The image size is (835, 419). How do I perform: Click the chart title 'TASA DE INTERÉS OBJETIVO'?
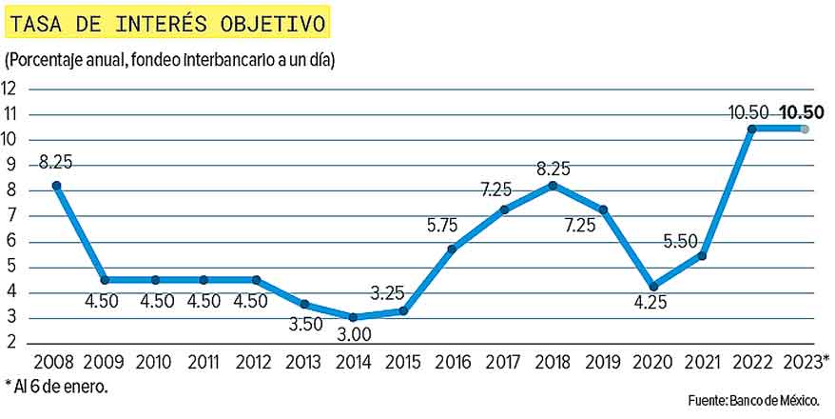(167, 20)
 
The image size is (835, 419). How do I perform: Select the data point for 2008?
(57, 186)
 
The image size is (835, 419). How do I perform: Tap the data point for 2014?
(354, 317)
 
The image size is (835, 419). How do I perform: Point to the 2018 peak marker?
(553, 186)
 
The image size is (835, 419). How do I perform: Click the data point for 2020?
(652, 286)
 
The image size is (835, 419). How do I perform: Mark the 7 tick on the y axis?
(10, 215)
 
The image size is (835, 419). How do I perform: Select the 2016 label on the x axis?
(453, 363)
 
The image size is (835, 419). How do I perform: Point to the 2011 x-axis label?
(204, 363)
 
